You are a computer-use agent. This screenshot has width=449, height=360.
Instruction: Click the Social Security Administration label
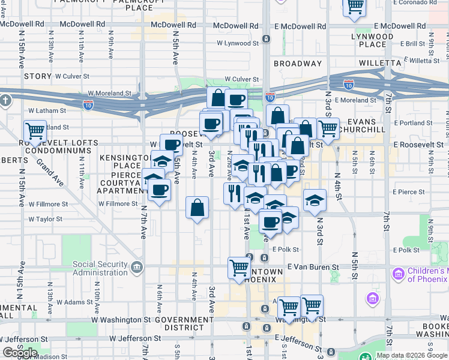(100, 269)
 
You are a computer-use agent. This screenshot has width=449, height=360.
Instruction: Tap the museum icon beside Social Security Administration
(138, 266)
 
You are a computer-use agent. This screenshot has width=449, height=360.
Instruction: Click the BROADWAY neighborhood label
(298, 63)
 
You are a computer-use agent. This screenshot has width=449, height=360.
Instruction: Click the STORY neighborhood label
(38, 76)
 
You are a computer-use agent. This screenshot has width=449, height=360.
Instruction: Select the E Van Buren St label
(313, 266)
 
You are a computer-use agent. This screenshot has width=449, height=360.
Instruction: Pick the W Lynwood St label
(238, 43)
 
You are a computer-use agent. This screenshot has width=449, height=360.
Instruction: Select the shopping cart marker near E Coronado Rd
(355, 7)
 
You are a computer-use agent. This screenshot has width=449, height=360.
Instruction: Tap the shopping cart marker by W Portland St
(35, 131)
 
